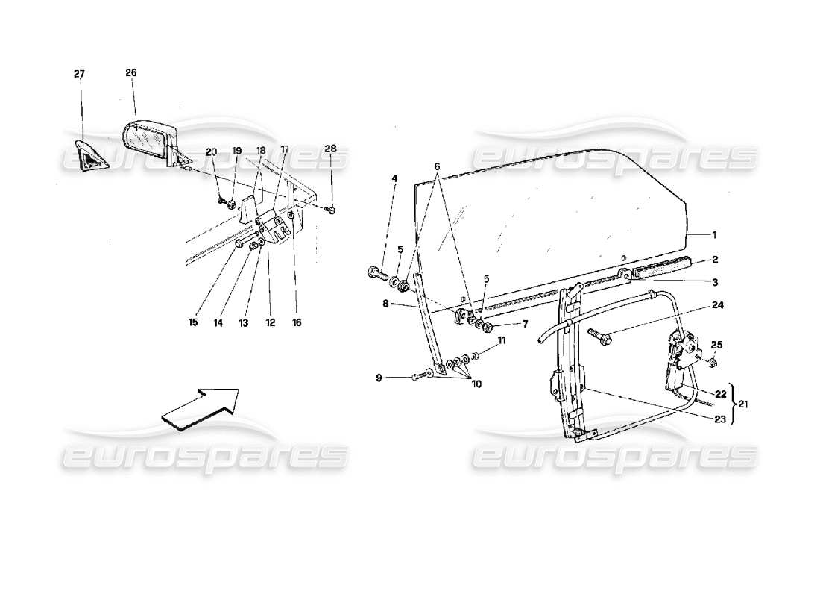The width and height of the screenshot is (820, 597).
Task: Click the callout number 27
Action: pyautogui.click(x=79, y=74)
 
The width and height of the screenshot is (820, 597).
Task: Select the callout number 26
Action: pyautogui.click(x=131, y=72)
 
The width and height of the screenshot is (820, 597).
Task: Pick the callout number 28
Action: pyautogui.click(x=330, y=149)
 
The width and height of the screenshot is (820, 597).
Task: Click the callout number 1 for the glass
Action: pyautogui.click(x=714, y=234)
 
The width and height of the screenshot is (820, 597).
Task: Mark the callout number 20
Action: pyautogui.click(x=211, y=151)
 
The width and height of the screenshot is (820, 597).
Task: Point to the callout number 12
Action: pyautogui.click(x=269, y=323)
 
